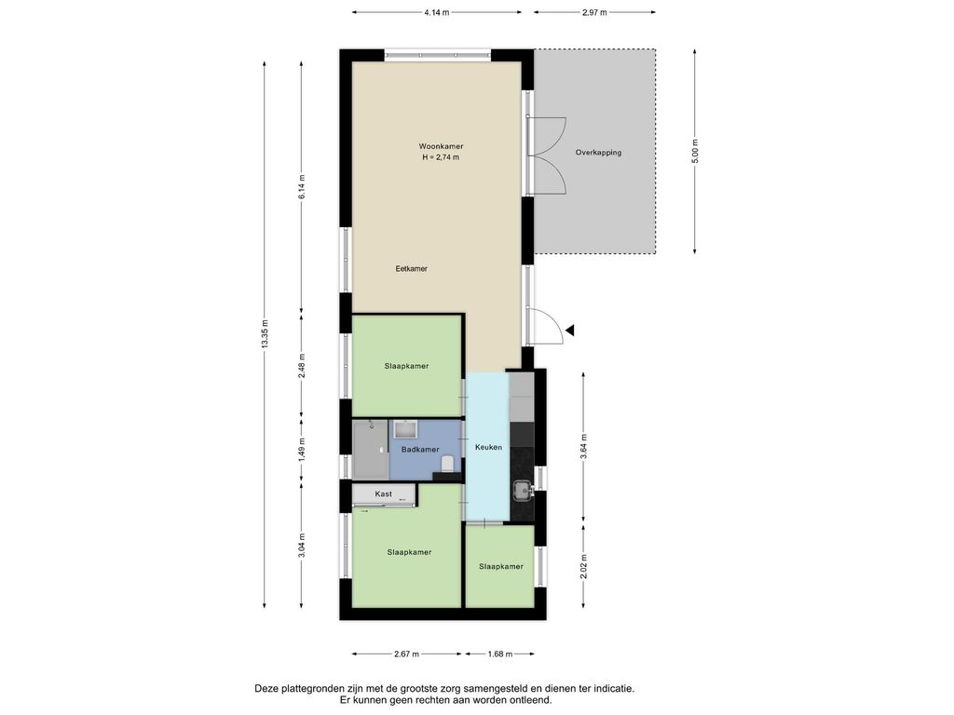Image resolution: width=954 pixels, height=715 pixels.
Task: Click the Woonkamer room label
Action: point(441,146)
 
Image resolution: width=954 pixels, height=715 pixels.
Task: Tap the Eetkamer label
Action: point(411,269)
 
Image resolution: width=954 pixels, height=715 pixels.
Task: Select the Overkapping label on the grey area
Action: point(599,153)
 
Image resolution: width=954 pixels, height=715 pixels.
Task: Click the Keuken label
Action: point(488,448)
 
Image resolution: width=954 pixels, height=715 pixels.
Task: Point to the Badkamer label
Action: point(420,450)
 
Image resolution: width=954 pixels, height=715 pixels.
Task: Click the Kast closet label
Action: point(383,494)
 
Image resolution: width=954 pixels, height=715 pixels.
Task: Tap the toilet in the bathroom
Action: point(447,464)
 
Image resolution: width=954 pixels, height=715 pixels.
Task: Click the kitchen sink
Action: point(523,489)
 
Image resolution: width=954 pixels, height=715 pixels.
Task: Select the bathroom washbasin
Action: point(404,430)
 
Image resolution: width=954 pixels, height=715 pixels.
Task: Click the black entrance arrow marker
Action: point(570,331)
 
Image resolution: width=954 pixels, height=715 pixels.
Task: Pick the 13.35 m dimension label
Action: point(264,334)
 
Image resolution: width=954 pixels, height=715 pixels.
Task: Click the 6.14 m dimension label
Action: point(302,186)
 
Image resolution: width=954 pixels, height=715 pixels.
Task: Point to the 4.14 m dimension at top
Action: point(437,12)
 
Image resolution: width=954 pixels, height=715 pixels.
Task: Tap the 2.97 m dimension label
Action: point(594,12)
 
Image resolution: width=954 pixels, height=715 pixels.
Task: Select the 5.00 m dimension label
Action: point(695,151)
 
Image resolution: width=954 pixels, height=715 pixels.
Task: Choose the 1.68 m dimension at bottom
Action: point(500,654)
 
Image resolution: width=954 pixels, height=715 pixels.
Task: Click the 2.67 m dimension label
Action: point(406,654)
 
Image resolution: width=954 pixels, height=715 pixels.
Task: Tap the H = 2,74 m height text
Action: point(441,157)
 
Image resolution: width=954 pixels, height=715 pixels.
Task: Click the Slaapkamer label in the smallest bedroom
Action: point(500,567)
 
